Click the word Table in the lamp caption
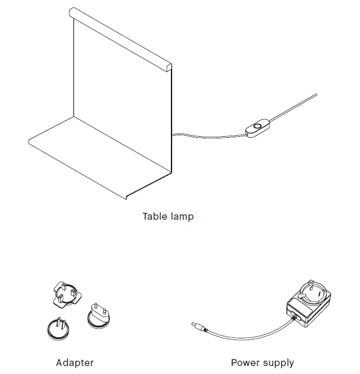click(154, 217)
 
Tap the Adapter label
click(75, 363)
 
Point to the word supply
click(279, 363)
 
